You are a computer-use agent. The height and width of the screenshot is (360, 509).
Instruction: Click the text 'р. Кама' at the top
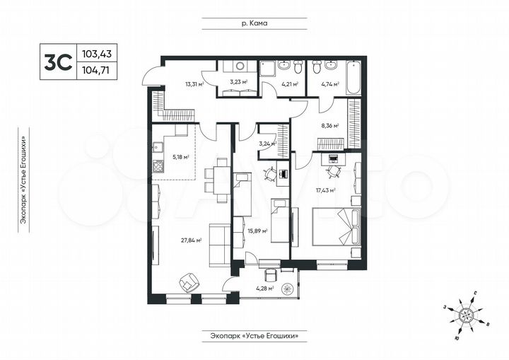253,23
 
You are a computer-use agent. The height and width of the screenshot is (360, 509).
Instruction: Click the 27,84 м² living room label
192,240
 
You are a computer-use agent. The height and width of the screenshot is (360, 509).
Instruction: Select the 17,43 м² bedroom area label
325,190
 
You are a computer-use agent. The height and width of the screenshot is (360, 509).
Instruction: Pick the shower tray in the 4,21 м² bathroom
269,68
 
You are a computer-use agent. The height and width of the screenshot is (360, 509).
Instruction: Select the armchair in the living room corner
188,282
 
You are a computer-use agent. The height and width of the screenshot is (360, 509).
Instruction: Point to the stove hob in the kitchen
157,168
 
